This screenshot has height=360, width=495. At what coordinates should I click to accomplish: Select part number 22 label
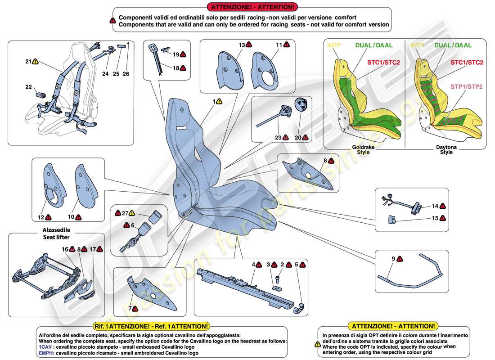[28, 87]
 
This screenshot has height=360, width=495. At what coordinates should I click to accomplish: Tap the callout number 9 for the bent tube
[393, 259]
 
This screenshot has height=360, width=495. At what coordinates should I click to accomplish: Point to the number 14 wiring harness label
[435, 206]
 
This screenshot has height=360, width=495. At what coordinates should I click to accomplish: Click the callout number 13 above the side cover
[242, 45]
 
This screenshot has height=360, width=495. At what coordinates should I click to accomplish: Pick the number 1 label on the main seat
[214, 102]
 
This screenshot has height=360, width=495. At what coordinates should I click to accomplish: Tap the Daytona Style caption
[446, 149]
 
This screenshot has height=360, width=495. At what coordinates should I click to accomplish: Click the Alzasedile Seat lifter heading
[54, 234]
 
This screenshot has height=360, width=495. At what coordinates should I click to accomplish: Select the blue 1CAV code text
[45, 347]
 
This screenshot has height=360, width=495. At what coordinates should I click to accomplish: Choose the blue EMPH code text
[46, 353]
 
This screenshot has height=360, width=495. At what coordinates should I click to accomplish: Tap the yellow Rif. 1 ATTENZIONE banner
[167, 326]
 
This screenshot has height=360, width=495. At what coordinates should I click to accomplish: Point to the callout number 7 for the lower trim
[130, 309]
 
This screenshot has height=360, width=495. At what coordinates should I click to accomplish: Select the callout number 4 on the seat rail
[253, 265]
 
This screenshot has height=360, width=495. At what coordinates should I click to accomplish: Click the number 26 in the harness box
[126, 73]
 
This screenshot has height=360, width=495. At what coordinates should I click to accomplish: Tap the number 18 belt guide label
[176, 67]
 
